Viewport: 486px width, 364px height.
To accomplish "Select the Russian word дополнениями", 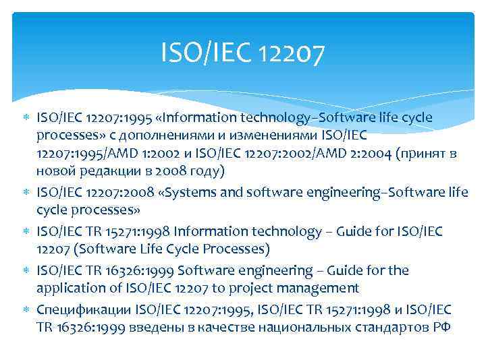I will [151, 135].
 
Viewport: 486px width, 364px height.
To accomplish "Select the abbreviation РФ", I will [441, 328].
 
